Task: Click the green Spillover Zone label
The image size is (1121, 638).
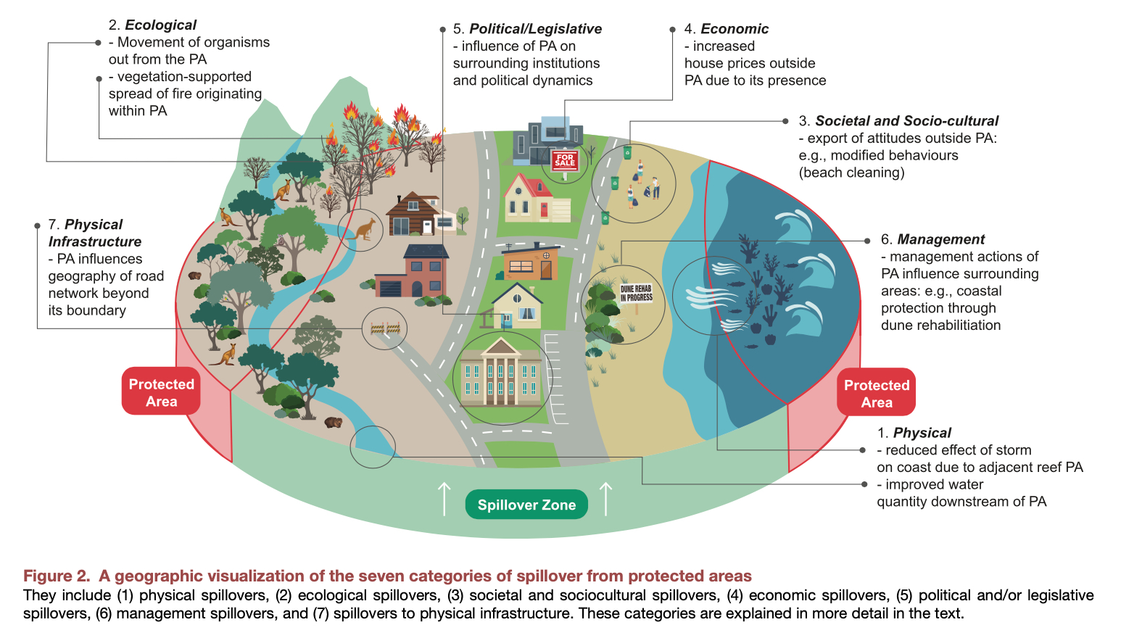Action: [x=526, y=505]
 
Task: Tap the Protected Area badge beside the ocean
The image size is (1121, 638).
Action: [x=876, y=393]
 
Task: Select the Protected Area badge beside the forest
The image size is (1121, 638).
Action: [x=161, y=392]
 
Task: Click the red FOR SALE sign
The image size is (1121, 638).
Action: [x=565, y=160]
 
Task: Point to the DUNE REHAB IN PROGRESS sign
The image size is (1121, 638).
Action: [x=636, y=293]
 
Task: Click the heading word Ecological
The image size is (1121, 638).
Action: [x=160, y=25]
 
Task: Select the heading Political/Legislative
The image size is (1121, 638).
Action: [x=535, y=29]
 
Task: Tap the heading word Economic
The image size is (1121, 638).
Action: [x=734, y=29]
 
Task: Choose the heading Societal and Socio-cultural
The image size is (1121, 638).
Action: [x=906, y=121]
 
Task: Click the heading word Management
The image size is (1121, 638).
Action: [x=940, y=239]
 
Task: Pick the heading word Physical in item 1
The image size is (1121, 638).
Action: [x=922, y=433]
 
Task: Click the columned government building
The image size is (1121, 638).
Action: [x=502, y=373]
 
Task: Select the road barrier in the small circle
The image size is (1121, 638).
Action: [x=385, y=328]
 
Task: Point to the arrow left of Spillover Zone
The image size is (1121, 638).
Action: [x=444, y=499]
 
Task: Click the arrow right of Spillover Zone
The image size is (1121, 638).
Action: [x=606, y=499]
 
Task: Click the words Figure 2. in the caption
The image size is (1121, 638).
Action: [x=57, y=576]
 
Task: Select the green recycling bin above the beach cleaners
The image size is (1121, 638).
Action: [x=627, y=152]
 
